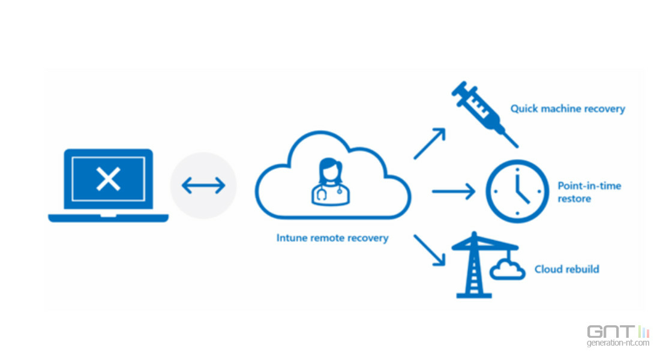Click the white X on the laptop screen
(108, 179)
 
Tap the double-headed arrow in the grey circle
(203, 186)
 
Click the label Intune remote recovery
(332, 238)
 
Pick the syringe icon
(482, 113)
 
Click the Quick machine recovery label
(568, 109)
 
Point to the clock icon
(517, 191)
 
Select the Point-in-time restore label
(589, 192)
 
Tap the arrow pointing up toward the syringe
(430, 143)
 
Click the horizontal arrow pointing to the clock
(453, 191)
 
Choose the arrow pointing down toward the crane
(430, 249)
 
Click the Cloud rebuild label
(566, 269)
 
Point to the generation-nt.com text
(618, 343)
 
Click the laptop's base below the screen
(108, 217)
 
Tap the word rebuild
(583, 269)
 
